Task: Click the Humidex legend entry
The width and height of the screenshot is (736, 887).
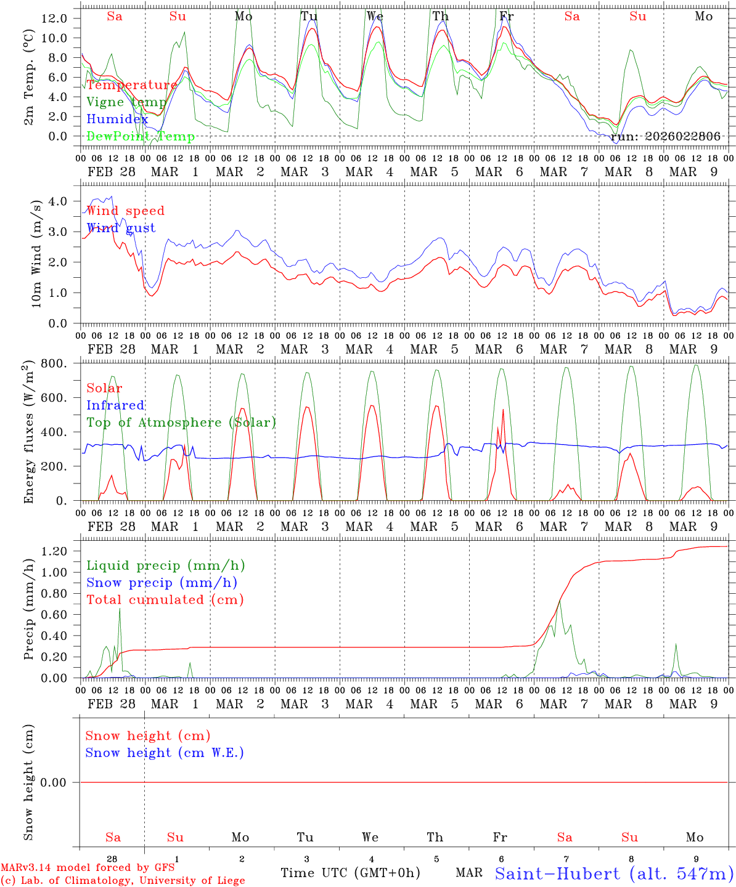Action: click(117, 119)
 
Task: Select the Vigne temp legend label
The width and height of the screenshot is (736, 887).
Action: click(126, 102)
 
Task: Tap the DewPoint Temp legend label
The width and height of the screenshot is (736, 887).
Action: click(141, 137)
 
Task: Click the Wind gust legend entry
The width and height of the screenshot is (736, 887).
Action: click(121, 228)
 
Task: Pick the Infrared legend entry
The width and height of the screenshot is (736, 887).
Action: click(115, 405)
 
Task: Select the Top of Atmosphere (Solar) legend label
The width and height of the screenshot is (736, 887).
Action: click(181, 423)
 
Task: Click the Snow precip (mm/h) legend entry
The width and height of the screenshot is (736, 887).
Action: click(162, 583)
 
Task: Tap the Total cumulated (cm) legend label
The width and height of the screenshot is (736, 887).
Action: click(165, 599)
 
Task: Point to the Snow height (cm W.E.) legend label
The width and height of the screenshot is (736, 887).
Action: click(165, 753)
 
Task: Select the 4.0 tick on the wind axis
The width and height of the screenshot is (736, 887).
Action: click(61, 201)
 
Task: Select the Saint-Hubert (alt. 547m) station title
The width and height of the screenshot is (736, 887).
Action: click(614, 873)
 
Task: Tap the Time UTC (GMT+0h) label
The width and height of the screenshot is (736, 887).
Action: click(350, 873)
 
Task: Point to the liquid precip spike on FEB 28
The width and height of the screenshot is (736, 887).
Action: click(120, 609)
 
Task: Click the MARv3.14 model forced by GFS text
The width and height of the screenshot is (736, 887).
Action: click(88, 867)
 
